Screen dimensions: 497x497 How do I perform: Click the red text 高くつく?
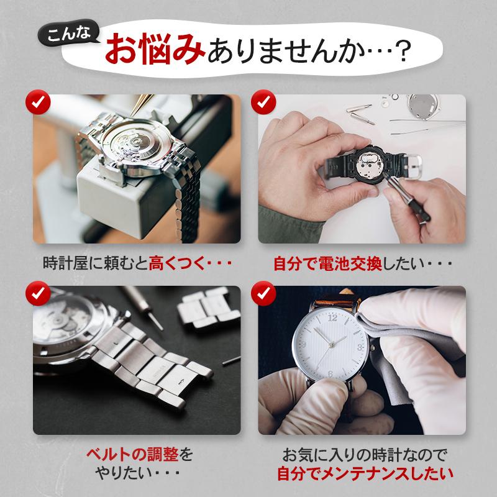tap(180, 263)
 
